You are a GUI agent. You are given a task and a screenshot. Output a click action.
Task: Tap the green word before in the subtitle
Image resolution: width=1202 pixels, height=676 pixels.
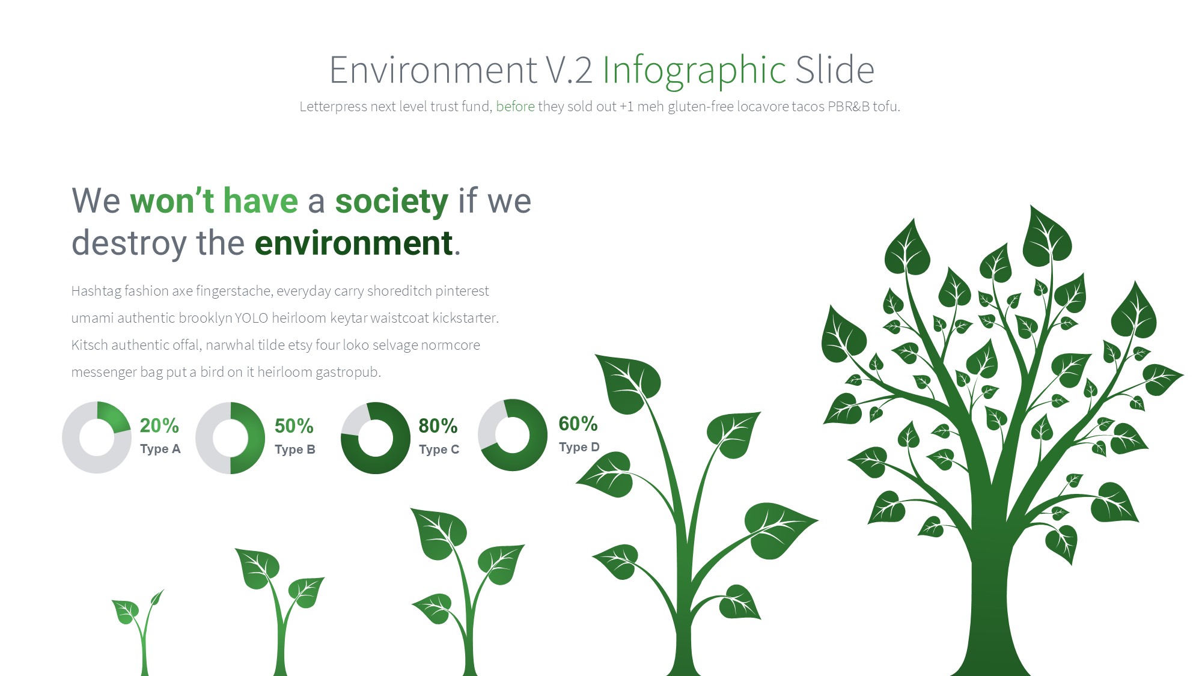pyautogui.click(x=515, y=106)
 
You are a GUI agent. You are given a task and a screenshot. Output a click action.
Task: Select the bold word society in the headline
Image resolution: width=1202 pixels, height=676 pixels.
pyautogui.click(x=391, y=202)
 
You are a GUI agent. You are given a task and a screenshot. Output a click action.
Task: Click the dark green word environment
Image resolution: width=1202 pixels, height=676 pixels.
pyautogui.click(x=354, y=243)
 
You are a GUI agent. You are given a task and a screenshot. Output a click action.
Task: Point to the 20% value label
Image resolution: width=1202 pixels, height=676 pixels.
pyautogui.click(x=159, y=425)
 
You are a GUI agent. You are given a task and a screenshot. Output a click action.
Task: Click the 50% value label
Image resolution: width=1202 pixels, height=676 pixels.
pyautogui.click(x=294, y=426)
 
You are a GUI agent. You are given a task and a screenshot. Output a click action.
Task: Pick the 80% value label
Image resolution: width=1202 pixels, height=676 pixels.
pyautogui.click(x=438, y=426)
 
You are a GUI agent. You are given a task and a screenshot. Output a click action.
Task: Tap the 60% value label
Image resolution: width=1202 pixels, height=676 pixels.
pyautogui.click(x=578, y=424)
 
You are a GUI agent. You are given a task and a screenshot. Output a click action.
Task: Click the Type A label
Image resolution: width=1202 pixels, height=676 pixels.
pyautogui.click(x=160, y=449)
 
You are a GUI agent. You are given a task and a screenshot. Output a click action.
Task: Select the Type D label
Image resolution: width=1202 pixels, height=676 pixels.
pyautogui.click(x=579, y=447)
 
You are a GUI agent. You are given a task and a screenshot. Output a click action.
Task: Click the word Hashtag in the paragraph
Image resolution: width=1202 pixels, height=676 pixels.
pyautogui.click(x=96, y=291)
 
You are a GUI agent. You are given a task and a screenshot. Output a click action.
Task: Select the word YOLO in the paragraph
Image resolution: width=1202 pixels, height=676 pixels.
pyautogui.click(x=251, y=318)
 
